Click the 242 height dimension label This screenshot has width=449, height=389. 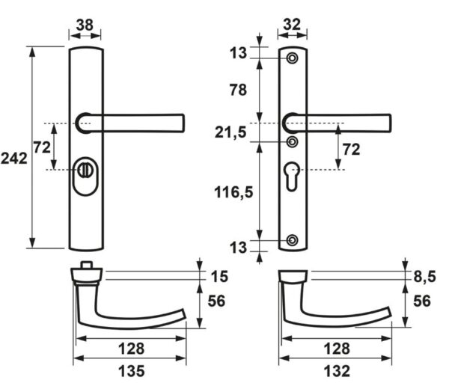click(14, 158)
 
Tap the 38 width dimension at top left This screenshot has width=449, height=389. click(85, 25)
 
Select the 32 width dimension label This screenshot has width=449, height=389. click(292, 25)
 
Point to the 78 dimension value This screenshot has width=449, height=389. click(238, 90)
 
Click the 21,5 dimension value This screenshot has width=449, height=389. click(230, 132)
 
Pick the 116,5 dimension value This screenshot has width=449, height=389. click(233, 192)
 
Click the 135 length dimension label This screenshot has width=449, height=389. click(132, 371)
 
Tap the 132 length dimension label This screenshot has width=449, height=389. click(337, 371)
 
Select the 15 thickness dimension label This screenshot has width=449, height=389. click(219, 277)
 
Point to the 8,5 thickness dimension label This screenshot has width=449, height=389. click(424, 277)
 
